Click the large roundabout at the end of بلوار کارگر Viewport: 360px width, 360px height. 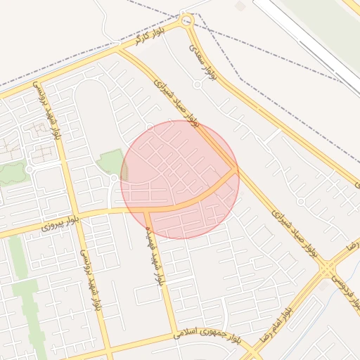186,21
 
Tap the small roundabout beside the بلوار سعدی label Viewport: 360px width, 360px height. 198,84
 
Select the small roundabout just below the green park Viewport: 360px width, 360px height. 114,179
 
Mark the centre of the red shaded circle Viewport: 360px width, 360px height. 179,179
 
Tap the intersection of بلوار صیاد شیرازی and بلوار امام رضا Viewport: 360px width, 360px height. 326,269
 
